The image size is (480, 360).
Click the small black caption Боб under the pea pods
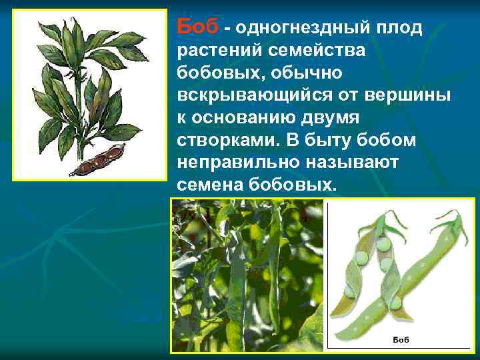coord(400,340)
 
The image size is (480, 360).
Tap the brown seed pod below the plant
coord(93,163)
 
